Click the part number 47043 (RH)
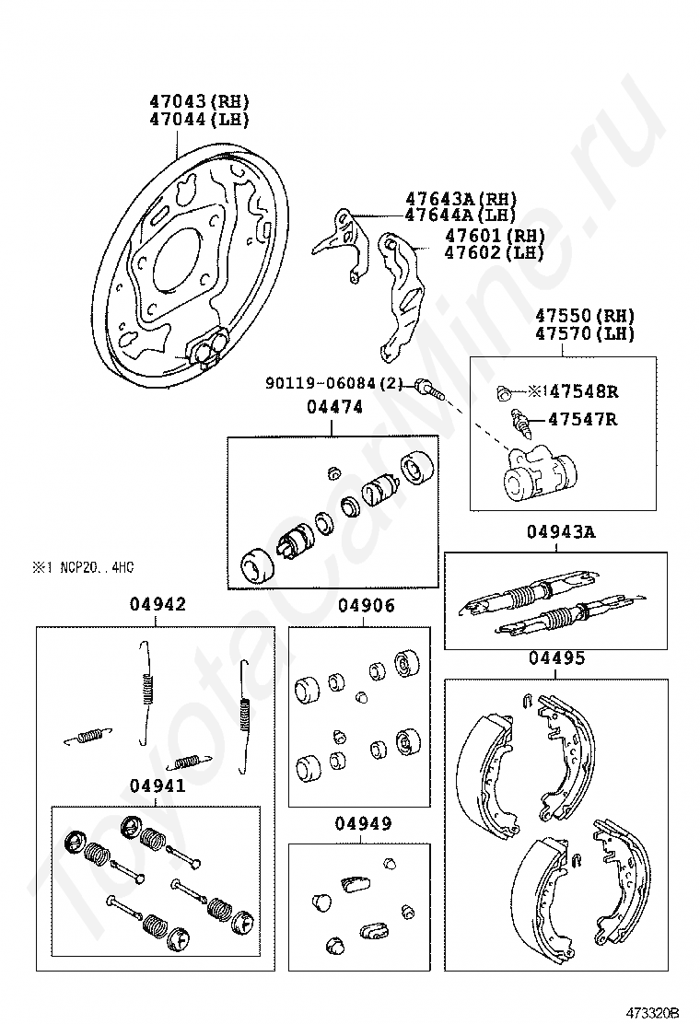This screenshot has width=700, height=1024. coord(200,101)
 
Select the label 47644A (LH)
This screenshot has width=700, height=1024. coord(461,215)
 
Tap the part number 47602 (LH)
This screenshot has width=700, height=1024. coord(494,252)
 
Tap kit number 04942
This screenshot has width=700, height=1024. coord(157,604)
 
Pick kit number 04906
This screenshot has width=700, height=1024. coord(366,605)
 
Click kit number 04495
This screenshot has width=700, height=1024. coord(556,658)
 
